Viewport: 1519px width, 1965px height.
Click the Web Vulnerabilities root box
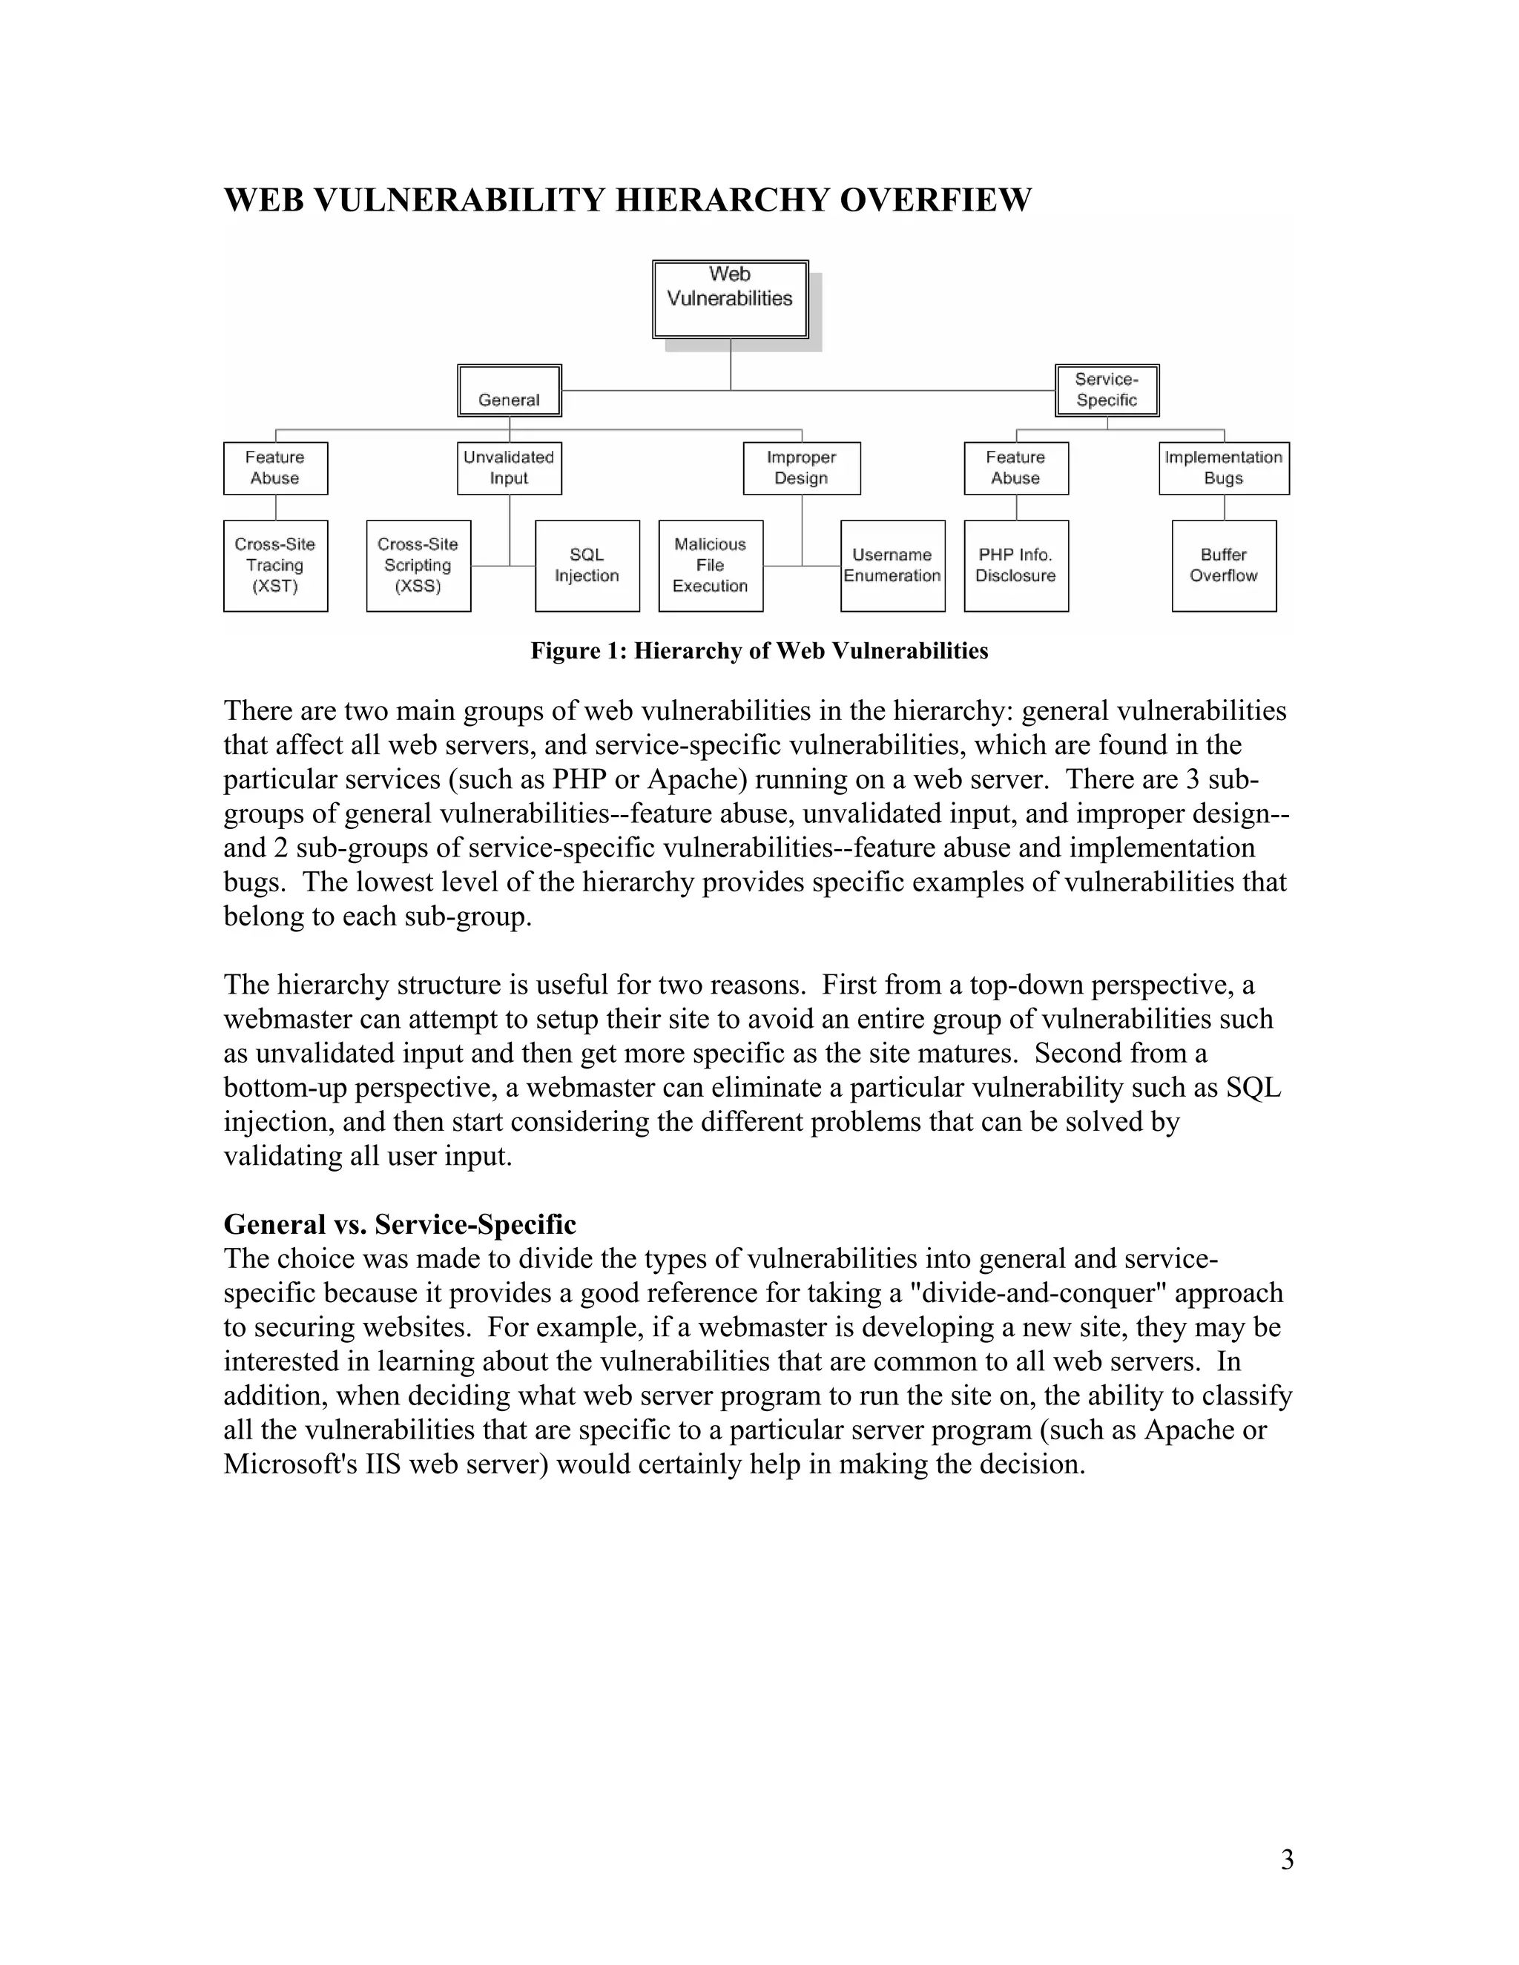[730, 300]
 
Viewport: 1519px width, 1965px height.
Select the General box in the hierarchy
[510, 391]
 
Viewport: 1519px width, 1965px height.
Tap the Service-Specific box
[1107, 391]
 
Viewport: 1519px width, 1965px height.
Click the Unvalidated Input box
[510, 468]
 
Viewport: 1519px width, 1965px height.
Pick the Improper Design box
[802, 468]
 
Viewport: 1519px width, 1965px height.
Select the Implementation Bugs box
[1224, 468]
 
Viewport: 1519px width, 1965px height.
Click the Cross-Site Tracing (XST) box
[275, 566]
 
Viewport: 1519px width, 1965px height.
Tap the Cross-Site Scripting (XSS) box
[418, 566]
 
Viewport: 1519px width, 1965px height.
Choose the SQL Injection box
[587, 566]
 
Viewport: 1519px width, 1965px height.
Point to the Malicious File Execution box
[711, 566]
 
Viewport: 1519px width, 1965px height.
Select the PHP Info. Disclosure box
[1016, 566]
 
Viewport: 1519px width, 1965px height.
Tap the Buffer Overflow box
[1224, 566]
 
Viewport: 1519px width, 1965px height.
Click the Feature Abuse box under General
[275, 468]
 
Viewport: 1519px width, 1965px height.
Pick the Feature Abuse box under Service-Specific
[1016, 468]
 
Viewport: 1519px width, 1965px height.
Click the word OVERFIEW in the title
[935, 199]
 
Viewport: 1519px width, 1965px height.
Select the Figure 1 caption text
[759, 650]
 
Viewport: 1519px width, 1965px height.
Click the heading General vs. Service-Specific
[400, 1223]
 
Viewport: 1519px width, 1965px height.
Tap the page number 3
[1287, 1859]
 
